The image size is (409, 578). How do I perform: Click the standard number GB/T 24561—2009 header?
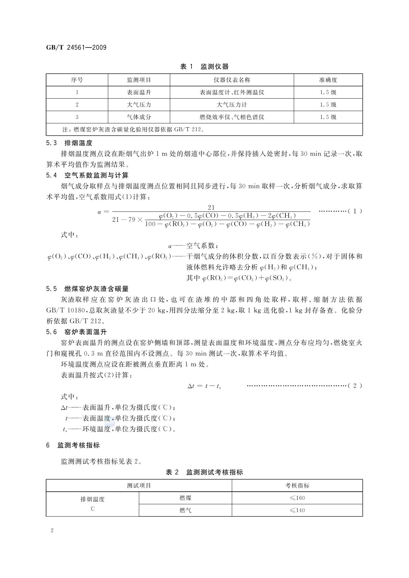(76, 47)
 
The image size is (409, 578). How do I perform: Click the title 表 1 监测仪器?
(204, 67)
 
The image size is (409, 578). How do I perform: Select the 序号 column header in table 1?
(77, 80)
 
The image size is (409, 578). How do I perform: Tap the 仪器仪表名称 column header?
(232, 80)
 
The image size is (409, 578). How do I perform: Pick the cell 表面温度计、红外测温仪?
(232, 92)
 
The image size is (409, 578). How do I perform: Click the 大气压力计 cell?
(232, 105)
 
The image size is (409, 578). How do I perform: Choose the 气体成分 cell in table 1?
(139, 117)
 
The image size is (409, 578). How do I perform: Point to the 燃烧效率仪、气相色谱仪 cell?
(232, 117)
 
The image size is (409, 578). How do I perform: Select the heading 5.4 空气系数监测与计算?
(87, 175)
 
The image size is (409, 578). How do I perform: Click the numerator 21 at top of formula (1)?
(211, 207)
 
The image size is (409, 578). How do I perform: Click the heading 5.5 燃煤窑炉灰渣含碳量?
(87, 289)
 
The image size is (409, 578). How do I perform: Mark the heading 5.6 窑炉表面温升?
(76, 332)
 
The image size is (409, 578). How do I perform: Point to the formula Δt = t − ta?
(204, 386)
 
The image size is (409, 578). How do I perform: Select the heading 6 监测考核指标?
(73, 445)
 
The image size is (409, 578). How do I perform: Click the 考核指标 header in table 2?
(297, 485)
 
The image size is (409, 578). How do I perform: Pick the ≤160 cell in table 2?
(297, 498)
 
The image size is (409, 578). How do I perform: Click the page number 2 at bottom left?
(52, 530)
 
